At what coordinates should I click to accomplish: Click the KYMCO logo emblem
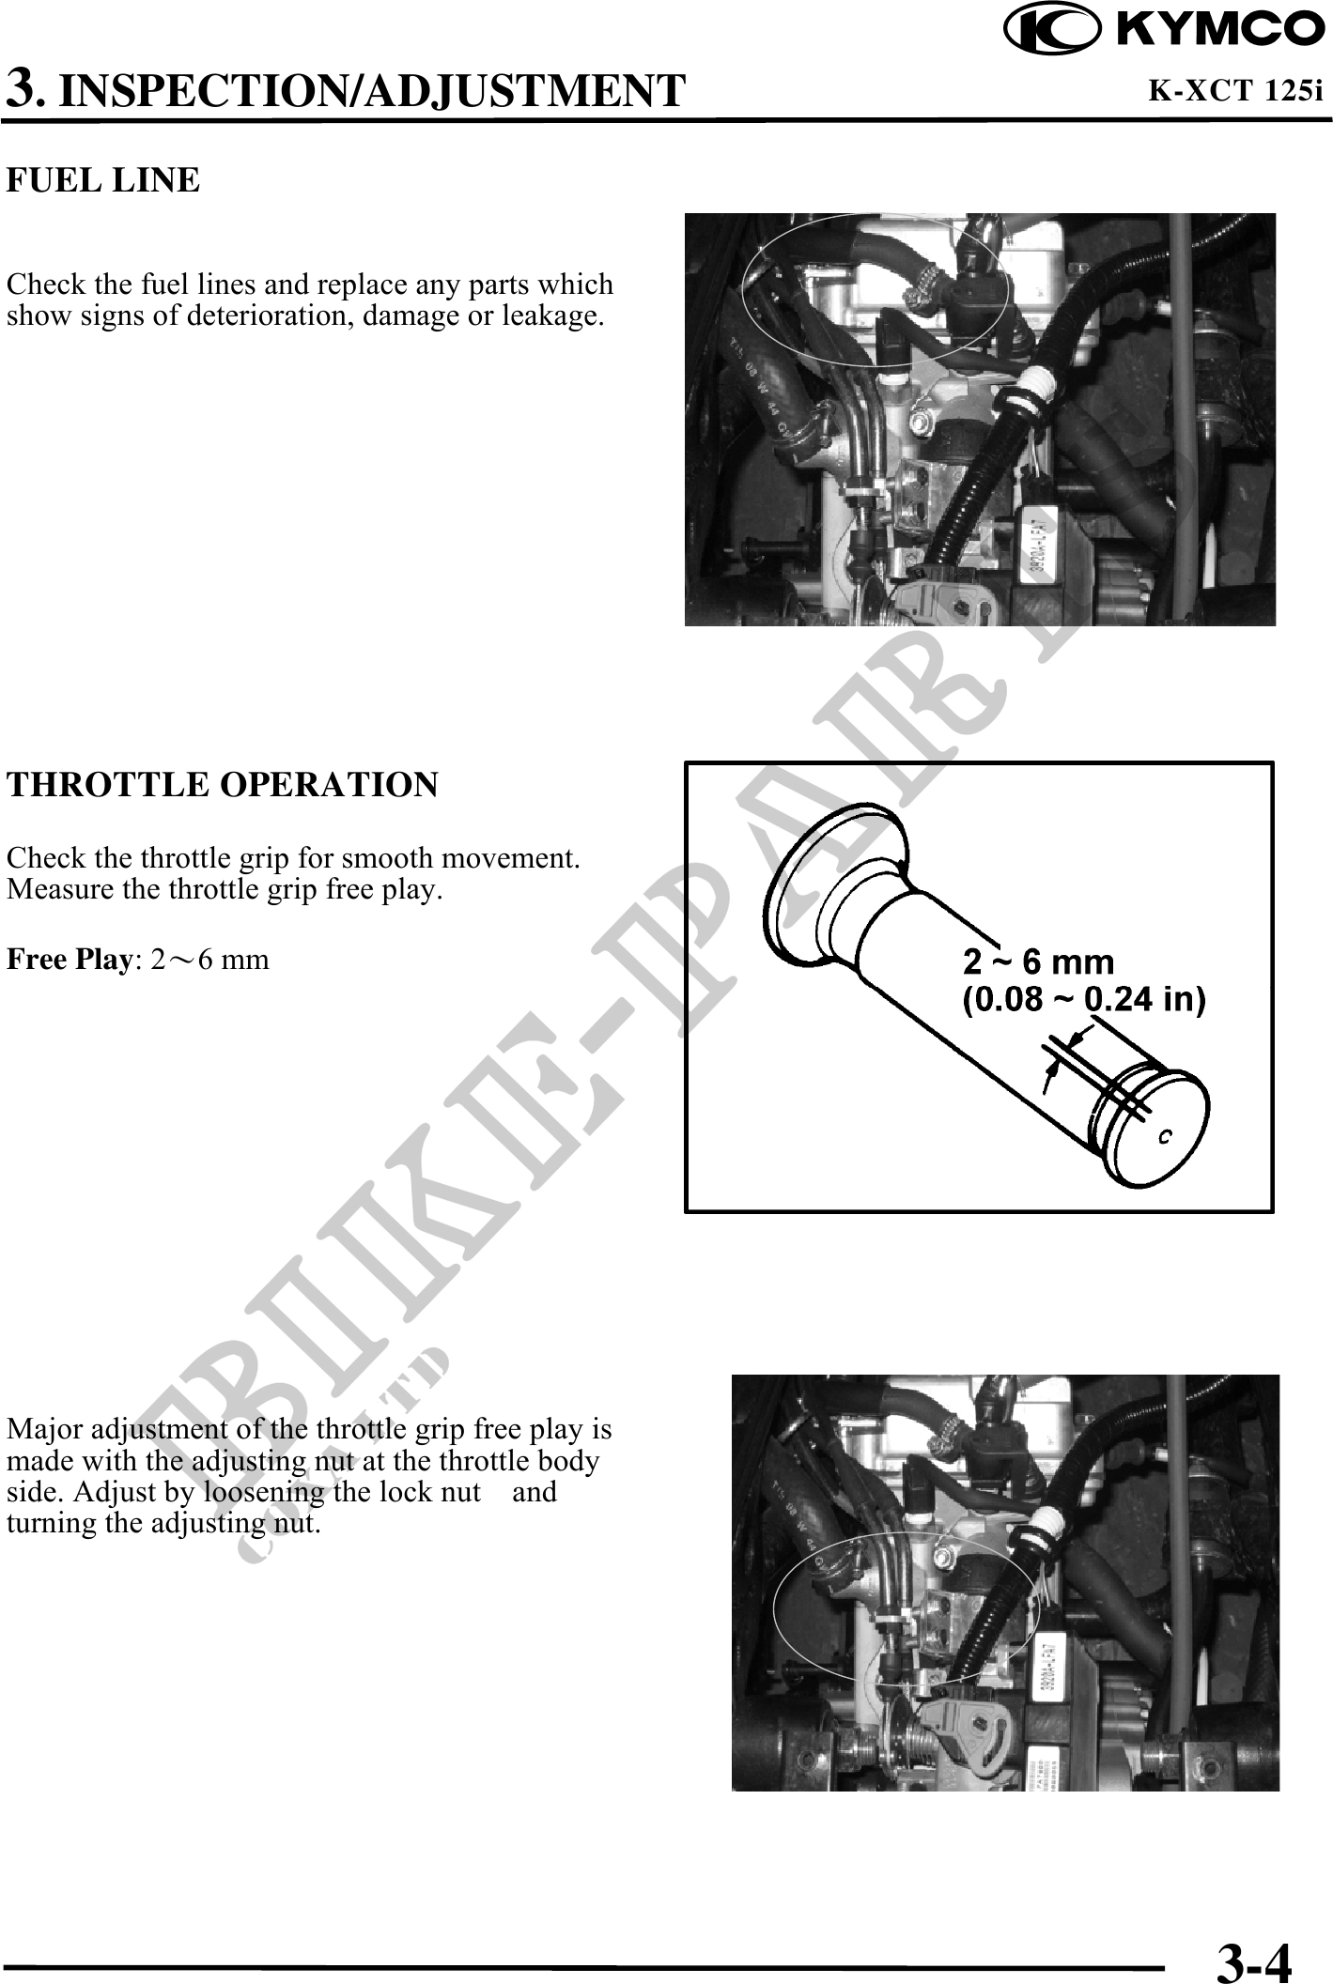(1051, 30)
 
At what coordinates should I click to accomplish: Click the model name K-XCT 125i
(1236, 91)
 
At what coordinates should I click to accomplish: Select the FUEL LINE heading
(103, 179)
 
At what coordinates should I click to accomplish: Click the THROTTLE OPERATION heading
(223, 784)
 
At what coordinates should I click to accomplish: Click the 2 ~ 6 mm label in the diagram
(1039, 962)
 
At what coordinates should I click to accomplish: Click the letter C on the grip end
(1164, 1137)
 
